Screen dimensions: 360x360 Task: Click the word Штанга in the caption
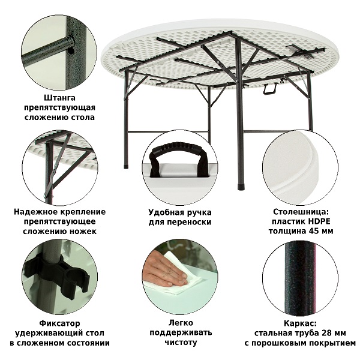59,98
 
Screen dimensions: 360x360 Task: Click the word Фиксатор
59,323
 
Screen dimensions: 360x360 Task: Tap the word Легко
181,323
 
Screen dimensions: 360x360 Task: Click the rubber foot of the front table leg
240,187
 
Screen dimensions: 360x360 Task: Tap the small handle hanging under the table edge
269,89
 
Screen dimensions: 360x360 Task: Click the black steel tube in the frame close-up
299,278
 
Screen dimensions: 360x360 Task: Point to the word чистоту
181,342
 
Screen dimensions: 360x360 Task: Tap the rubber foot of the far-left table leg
126,166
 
